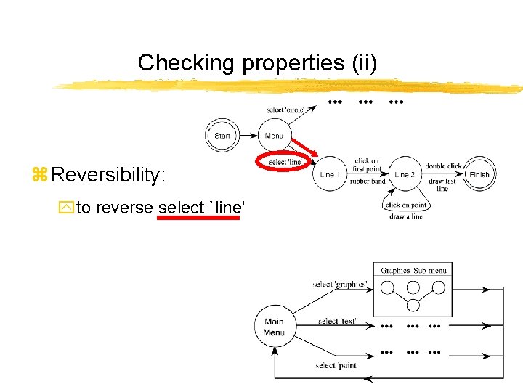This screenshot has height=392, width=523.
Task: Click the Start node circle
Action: pos(222,136)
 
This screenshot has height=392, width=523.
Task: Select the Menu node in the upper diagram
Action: pos(275,136)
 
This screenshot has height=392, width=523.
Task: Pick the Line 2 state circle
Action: pos(405,174)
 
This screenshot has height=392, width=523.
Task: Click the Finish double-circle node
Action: pos(479,174)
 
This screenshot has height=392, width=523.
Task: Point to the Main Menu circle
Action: pos(274,327)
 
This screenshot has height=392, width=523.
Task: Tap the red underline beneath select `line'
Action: pos(198,216)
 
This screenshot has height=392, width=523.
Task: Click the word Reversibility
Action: pos(109,175)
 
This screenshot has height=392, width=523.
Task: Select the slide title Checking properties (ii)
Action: pos(257,62)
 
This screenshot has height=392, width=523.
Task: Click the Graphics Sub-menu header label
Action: pos(413,270)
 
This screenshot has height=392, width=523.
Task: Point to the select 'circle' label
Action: pos(285,110)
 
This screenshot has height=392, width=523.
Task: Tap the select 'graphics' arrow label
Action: pos(340,284)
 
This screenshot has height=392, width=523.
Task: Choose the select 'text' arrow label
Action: pos(337,321)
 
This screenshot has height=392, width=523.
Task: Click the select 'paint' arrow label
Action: pos(336,365)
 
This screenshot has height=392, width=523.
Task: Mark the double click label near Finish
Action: pos(444,166)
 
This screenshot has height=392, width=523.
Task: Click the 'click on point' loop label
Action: pos(407,205)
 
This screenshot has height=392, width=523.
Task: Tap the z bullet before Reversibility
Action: pos(39,176)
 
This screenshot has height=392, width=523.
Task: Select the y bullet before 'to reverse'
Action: pos(69,208)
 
